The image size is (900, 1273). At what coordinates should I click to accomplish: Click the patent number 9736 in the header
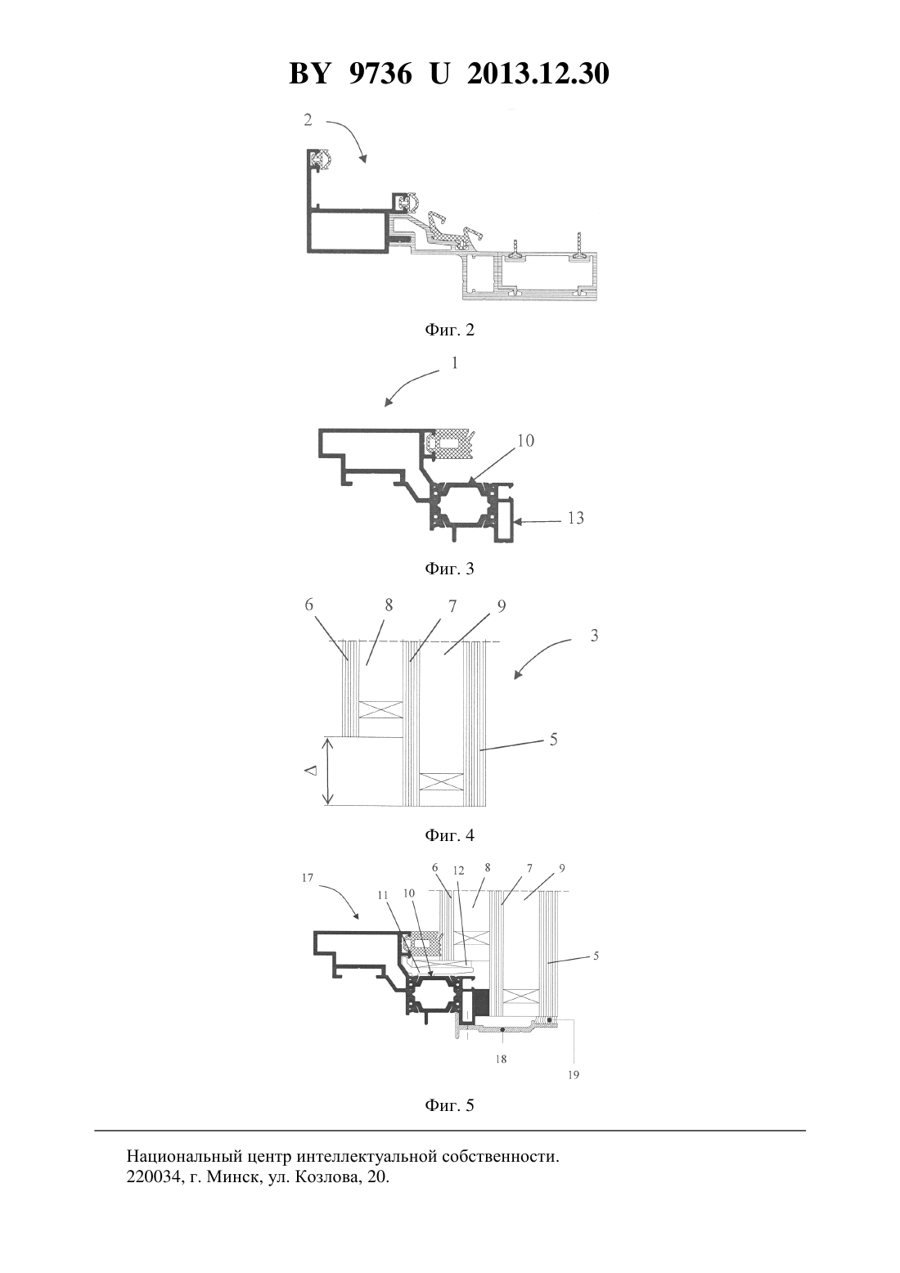[379, 74]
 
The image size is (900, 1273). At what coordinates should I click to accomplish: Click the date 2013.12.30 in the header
[538, 74]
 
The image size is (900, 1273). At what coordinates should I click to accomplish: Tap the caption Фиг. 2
[449, 331]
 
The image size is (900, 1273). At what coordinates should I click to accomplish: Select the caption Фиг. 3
[449, 569]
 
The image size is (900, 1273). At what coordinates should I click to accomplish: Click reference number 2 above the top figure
[308, 120]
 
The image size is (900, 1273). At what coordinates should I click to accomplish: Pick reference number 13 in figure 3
[575, 518]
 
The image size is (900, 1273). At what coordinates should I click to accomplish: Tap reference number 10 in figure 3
[525, 440]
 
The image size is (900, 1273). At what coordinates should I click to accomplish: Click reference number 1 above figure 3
[454, 362]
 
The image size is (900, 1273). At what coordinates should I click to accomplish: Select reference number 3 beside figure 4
[594, 636]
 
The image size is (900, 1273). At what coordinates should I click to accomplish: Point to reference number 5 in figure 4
[553, 739]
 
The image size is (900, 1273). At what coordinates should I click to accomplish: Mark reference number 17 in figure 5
[308, 878]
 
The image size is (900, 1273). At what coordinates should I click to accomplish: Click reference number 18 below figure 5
[501, 1059]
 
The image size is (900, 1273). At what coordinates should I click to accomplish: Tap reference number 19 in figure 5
[574, 1075]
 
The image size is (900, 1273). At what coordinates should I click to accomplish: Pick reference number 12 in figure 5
[458, 870]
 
